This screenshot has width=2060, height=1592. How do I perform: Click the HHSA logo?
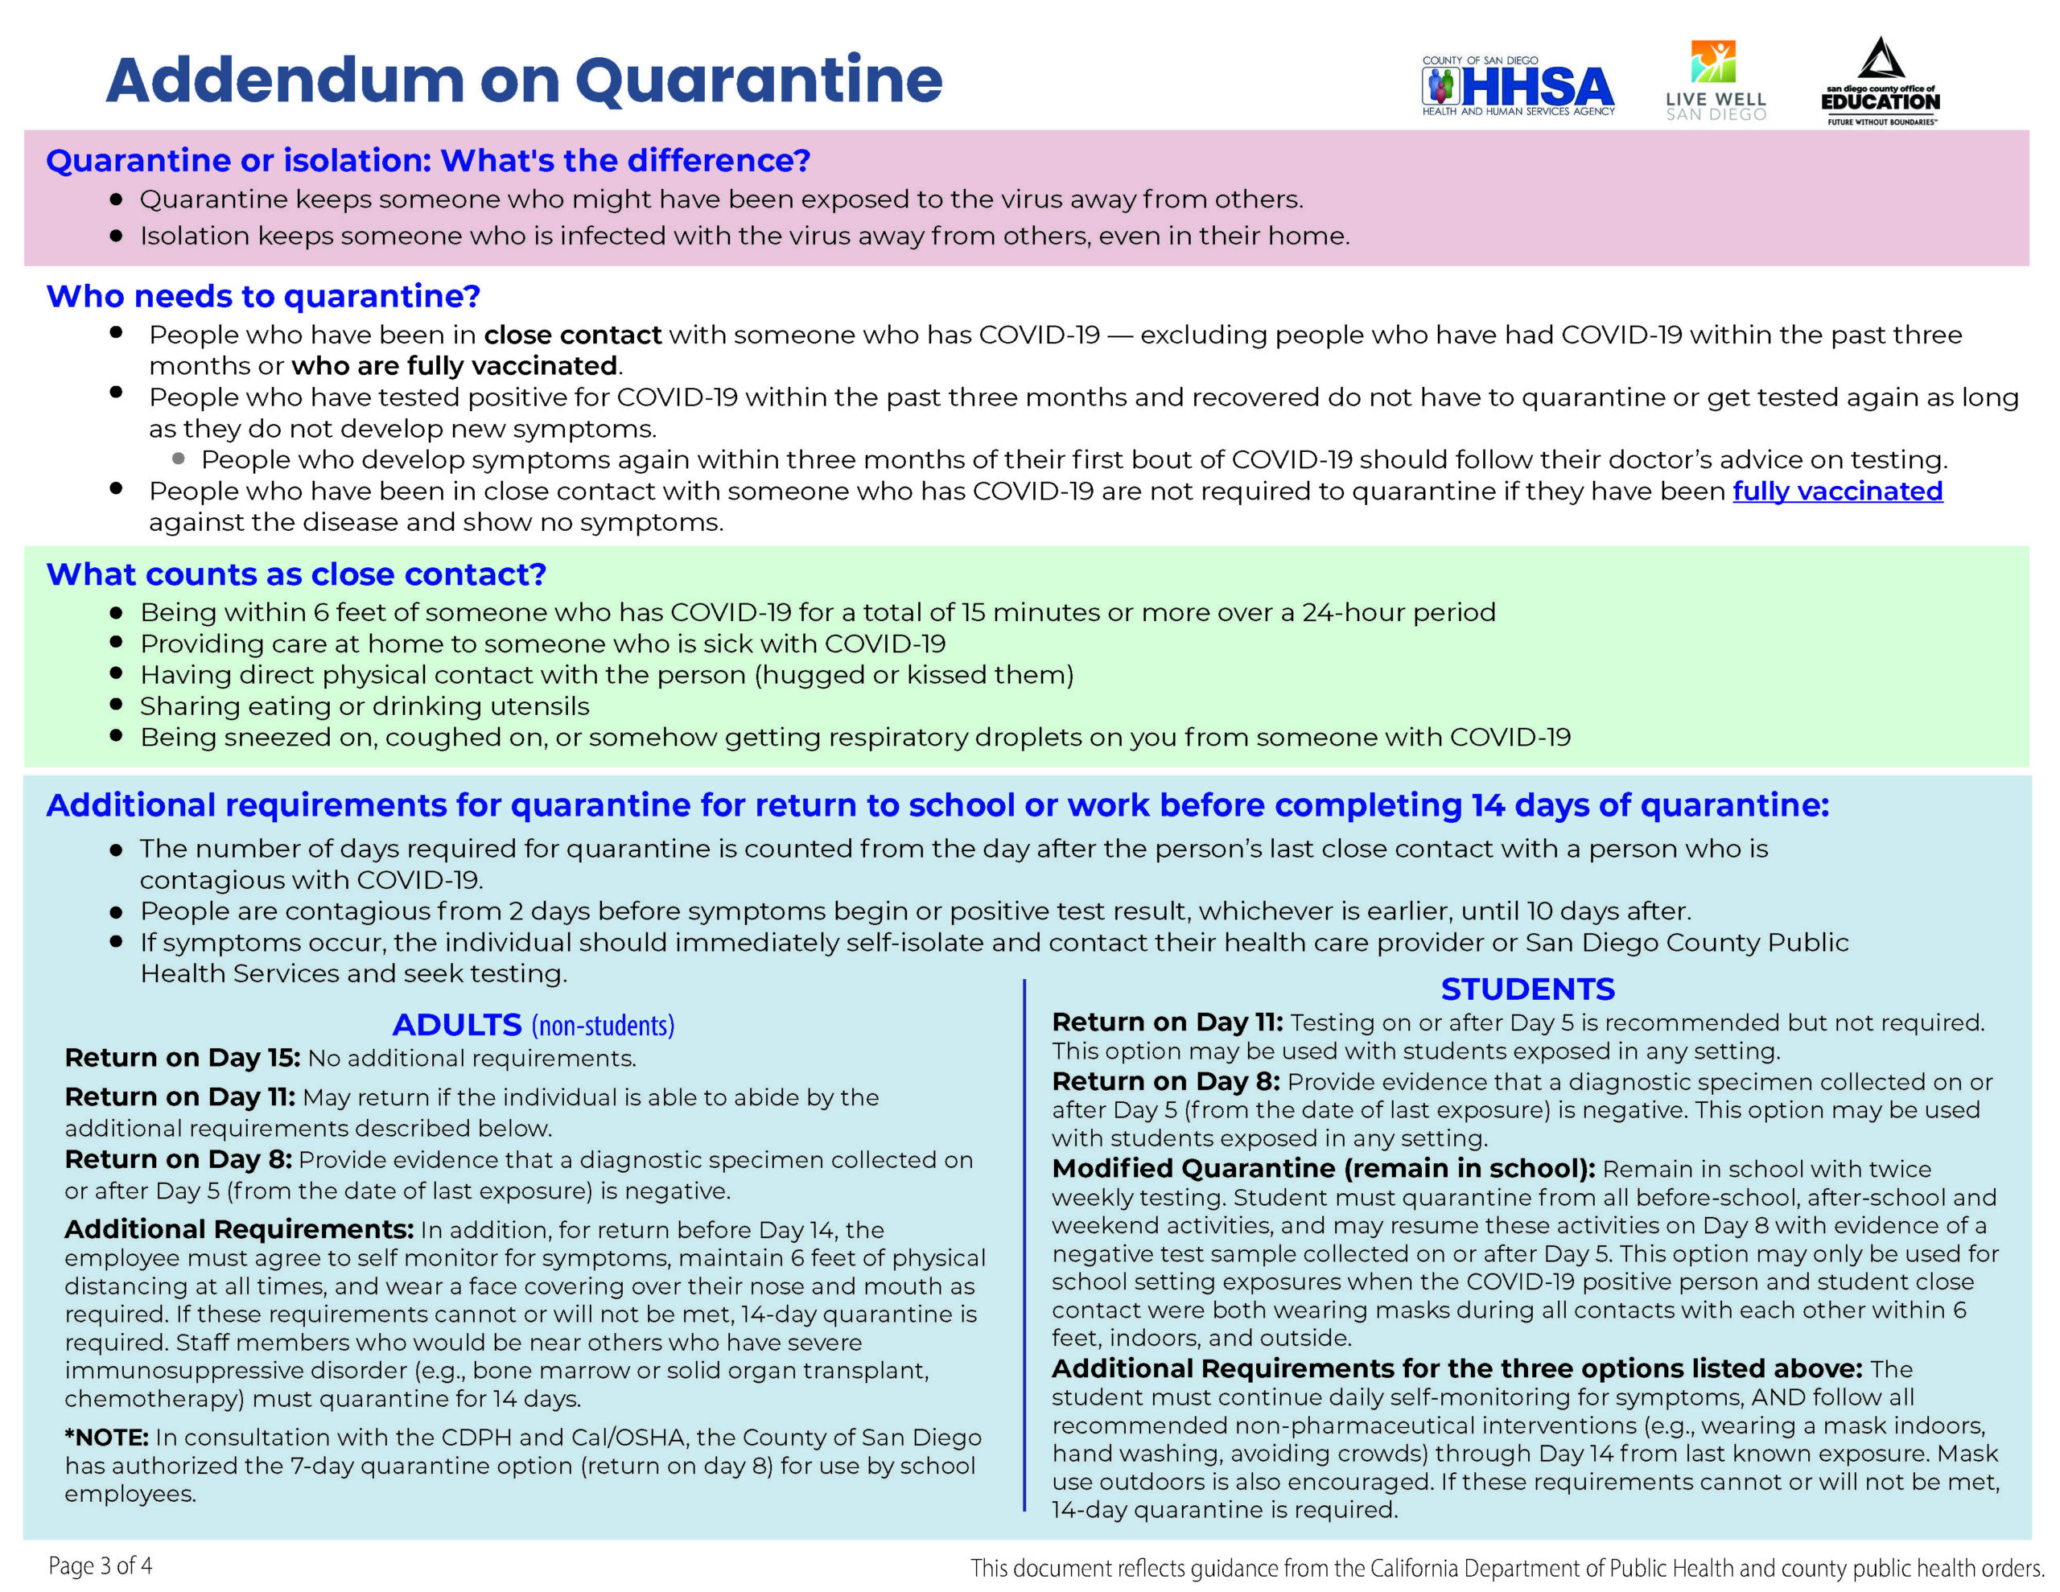point(1518,87)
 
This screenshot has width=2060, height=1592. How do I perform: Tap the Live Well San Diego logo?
point(1715,81)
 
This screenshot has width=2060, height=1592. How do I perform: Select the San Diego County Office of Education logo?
point(1880,83)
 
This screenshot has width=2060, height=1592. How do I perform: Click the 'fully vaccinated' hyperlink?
point(1836,492)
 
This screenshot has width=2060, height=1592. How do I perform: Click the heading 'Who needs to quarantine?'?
point(263,296)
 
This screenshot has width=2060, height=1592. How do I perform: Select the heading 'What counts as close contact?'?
point(296,574)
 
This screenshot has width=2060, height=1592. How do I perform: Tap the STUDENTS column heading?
point(1527,989)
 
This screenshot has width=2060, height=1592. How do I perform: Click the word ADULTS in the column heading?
point(456,1024)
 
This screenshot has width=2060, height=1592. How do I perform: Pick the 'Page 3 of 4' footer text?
point(100,1565)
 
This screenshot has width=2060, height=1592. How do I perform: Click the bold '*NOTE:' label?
point(106,1437)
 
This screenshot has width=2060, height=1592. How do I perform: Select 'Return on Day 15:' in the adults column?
point(182,1058)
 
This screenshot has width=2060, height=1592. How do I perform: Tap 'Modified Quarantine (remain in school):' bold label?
point(1322,1169)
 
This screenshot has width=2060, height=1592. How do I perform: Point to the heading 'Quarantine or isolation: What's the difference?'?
point(428,160)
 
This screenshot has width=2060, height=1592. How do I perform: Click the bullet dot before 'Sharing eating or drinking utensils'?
point(116,704)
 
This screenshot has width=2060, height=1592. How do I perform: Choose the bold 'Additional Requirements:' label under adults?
point(239,1229)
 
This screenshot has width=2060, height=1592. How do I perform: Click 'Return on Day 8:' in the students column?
point(1166,1081)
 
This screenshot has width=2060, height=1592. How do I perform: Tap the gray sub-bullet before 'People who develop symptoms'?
point(179,459)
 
